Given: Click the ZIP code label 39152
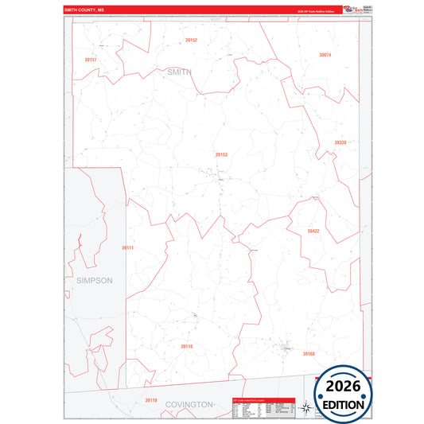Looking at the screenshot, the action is (x=191, y=40).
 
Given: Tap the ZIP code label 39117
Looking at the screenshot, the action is (x=90, y=60).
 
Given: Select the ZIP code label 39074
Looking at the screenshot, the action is (x=325, y=55).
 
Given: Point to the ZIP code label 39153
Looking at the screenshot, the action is (x=221, y=154).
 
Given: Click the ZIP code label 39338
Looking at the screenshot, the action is (x=340, y=142).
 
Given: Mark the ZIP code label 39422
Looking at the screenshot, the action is (x=313, y=231).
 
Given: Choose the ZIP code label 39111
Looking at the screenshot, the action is (x=128, y=248).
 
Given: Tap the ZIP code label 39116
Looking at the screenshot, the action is (x=186, y=346).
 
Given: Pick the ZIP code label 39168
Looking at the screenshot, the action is (x=309, y=353).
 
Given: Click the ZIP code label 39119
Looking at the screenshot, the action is (x=151, y=400).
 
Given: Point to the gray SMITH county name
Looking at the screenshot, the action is (x=179, y=72).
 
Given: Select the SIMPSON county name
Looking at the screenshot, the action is (x=95, y=280).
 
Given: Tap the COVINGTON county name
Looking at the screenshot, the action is (x=189, y=405).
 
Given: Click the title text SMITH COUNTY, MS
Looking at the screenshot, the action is (x=84, y=10).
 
